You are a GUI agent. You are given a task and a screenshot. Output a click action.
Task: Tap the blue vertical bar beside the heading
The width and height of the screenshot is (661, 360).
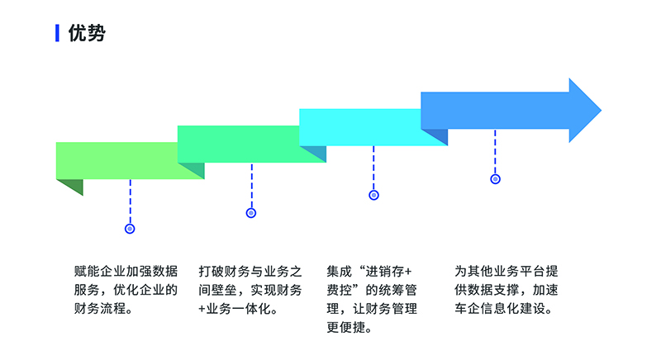(57, 33)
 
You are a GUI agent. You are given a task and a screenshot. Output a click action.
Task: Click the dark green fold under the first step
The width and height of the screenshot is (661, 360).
(69, 187)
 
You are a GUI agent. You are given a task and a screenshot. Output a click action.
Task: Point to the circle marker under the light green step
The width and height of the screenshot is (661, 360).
(130, 229)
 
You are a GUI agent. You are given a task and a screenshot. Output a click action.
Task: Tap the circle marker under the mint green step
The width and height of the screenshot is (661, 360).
(251, 213)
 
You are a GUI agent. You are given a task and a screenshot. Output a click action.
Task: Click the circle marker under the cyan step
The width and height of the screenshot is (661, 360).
(373, 196)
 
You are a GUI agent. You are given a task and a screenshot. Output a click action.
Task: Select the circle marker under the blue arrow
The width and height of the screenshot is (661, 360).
(495, 178)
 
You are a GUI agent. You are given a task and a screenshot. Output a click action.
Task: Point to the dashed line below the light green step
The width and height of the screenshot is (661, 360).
(130, 202)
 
